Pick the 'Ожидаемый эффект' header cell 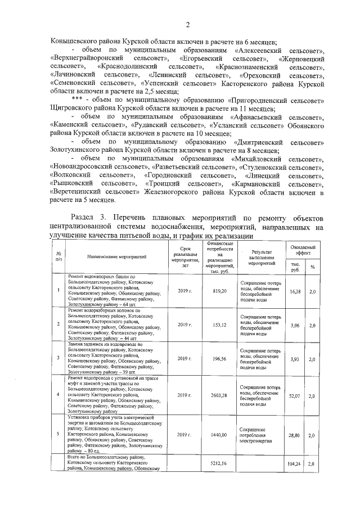[302, 250]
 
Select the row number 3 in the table [58, 358]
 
